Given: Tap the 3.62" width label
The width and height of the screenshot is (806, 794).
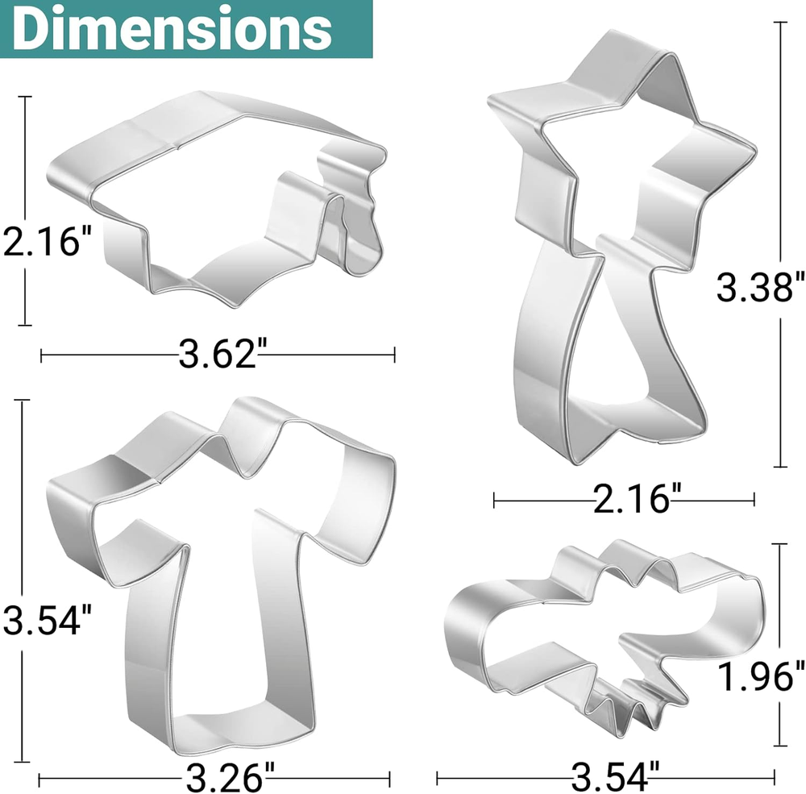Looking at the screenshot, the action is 218,354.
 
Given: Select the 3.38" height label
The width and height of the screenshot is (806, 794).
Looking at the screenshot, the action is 760,287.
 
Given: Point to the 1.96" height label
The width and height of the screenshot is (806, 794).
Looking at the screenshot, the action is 760,677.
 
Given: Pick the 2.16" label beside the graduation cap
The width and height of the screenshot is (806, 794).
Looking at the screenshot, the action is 47,242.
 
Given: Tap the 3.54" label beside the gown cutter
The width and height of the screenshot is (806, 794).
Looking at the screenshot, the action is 47,620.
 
